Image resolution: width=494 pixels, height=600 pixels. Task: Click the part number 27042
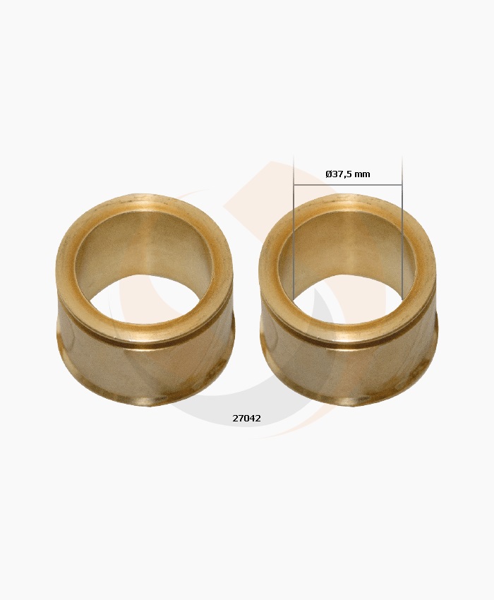coord(246,419)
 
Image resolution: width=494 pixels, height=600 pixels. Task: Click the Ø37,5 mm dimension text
coord(347,174)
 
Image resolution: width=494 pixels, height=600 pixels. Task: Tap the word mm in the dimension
coord(363,174)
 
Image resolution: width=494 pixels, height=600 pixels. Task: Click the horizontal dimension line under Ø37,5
coord(347,186)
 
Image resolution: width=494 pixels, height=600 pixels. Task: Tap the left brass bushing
coord(145,367)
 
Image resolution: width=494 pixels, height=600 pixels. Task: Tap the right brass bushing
coord(348,367)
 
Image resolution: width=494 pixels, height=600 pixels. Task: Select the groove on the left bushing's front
coord(145,343)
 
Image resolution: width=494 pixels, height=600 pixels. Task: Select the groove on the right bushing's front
coord(348,343)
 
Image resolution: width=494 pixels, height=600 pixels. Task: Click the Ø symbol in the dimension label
coord(329,174)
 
